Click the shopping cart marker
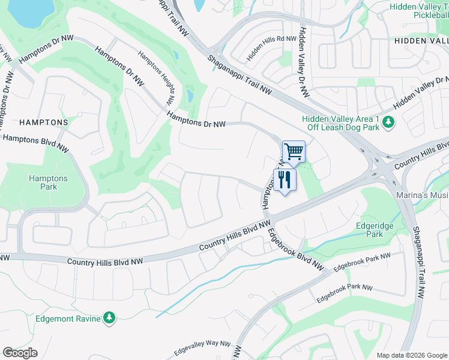pyautogui.click(x=294, y=151)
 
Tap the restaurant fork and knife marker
pyautogui.click(x=284, y=179)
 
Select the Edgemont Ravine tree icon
pyautogui.click(x=109, y=317)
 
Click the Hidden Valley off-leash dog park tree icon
pyautogui.click(x=388, y=123)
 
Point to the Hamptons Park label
pyautogui.click(x=49, y=182)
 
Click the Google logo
pyautogui.click(x=20, y=353)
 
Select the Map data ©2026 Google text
pyautogui.click(x=411, y=355)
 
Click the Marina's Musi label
pyautogui.click(x=422, y=196)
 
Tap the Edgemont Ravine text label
pyautogui.click(x=68, y=319)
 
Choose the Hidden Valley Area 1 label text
pyautogui.click(x=340, y=119)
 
